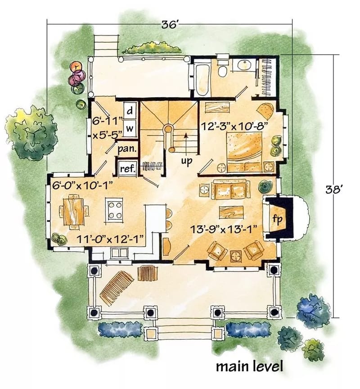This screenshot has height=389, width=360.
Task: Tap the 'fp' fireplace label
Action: [278, 219]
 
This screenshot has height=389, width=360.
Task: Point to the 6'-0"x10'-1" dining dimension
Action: [80, 184]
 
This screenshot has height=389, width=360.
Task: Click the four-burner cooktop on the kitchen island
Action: [115, 209]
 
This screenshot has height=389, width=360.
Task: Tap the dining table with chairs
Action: [72, 211]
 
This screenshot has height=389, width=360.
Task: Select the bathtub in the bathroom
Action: [202, 79]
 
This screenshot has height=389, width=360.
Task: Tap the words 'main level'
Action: [249, 366]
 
